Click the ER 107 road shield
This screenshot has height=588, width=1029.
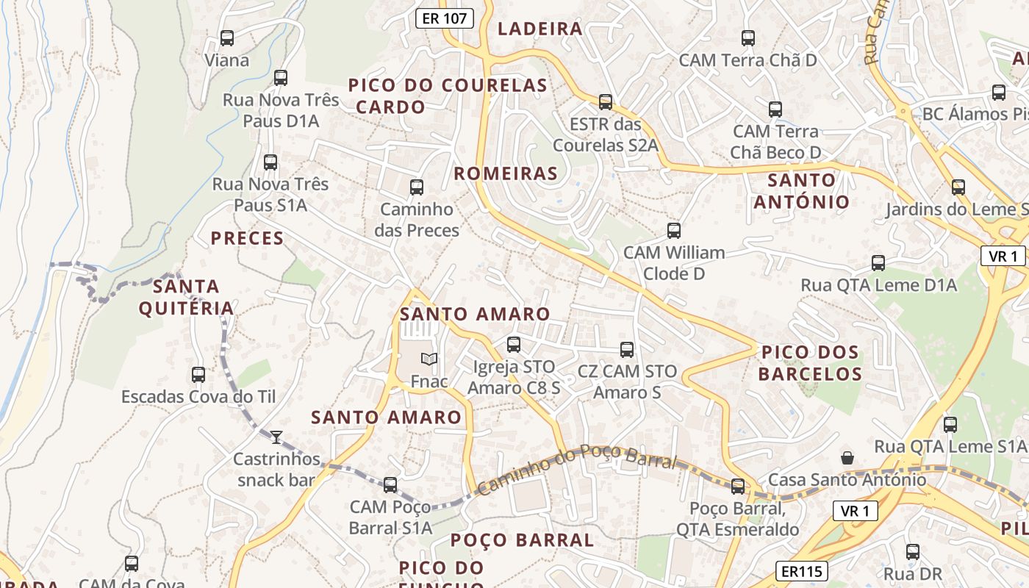pyautogui.click(x=445, y=18)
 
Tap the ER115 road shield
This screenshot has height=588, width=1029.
pyautogui.click(x=801, y=571)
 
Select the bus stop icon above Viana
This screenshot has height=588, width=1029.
pyautogui.click(x=227, y=38)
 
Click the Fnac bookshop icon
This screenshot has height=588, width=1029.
pyautogui.click(x=429, y=359)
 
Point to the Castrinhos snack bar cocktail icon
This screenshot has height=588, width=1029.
pyautogui.click(x=276, y=437)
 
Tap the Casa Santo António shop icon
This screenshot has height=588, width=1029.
pyautogui.click(x=847, y=458)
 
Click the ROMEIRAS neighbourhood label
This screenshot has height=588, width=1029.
pyautogui.click(x=506, y=173)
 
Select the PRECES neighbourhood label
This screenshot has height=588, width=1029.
pyautogui.click(x=247, y=238)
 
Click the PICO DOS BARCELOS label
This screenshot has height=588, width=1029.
pyautogui.click(x=810, y=363)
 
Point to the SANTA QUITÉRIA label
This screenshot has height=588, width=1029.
pyautogui.click(x=186, y=297)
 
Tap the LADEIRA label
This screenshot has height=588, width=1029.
pyautogui.click(x=540, y=29)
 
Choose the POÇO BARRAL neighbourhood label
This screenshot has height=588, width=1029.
pyautogui.click(x=522, y=540)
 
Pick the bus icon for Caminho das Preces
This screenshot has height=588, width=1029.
pyautogui.click(x=417, y=187)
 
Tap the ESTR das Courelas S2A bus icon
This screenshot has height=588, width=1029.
pyautogui.click(x=606, y=101)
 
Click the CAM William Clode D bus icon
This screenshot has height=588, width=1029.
pyautogui.click(x=674, y=231)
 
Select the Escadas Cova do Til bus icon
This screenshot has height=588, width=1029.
pyautogui.click(x=198, y=375)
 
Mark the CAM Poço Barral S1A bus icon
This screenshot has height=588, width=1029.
pyautogui.click(x=390, y=484)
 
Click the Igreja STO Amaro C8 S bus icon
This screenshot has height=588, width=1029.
pyautogui.click(x=514, y=344)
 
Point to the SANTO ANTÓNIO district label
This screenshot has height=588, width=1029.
pyautogui.click(x=801, y=190)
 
